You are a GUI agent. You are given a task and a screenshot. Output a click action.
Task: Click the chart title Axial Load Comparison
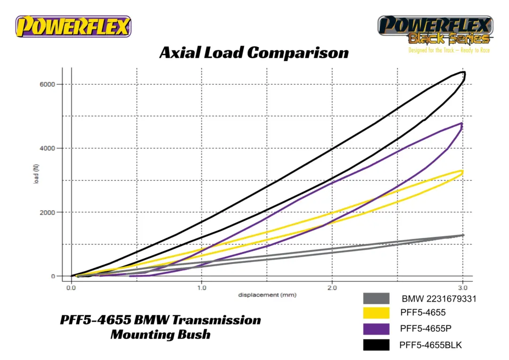[254, 52]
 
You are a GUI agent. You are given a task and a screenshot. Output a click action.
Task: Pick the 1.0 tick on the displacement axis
[202, 287]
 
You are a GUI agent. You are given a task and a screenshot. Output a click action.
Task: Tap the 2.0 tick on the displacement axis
[332, 287]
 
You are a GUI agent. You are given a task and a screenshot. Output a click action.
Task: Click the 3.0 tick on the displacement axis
[463, 287]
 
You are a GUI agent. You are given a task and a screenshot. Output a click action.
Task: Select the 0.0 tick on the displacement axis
[71, 287]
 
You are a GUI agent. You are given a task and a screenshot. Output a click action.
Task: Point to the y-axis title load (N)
[36, 174]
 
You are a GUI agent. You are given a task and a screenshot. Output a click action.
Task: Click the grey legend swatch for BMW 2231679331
[376, 298]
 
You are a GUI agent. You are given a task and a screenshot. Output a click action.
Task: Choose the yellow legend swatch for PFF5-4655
[376, 313]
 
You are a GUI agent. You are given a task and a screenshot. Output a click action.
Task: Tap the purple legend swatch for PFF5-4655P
[376, 329]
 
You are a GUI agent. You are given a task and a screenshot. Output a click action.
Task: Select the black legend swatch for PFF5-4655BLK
[376, 345]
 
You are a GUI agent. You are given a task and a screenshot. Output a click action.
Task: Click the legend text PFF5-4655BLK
[430, 345]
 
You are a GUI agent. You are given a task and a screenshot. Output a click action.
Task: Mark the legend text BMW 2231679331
[439, 299]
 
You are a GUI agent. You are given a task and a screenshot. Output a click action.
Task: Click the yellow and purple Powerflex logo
[73, 26]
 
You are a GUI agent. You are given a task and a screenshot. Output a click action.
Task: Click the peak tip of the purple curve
[462, 123]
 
